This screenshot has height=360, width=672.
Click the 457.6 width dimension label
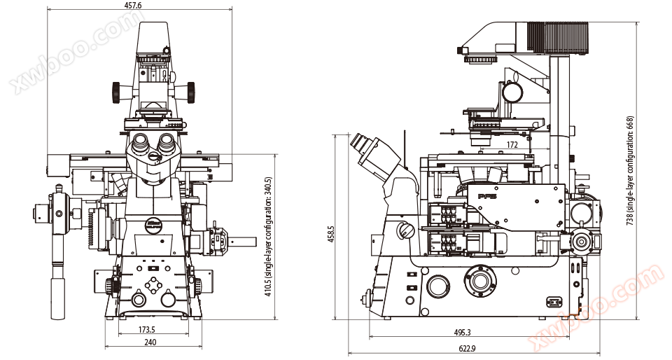coord(133,6)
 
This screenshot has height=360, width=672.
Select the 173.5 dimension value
coord(146,328)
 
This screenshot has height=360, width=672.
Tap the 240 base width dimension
coord(150,342)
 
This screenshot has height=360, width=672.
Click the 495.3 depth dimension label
coord(463,333)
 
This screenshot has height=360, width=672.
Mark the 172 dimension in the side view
coord(512,145)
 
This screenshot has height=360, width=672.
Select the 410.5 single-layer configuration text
coord(269,237)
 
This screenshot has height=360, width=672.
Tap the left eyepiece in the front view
coord(140,144)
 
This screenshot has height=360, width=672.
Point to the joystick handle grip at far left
coord(57,298)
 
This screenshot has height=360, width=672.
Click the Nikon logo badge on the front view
coord(155,226)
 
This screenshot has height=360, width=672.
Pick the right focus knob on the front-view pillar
coord(190,91)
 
